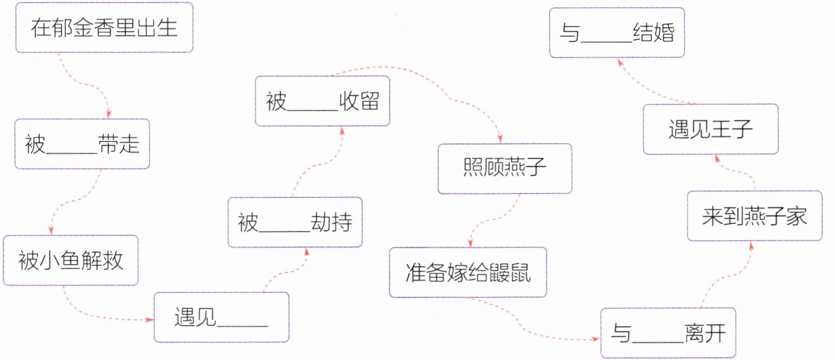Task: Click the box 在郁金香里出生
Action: coord(104,28)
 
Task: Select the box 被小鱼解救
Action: coord(70,260)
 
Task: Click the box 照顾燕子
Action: coord(505,168)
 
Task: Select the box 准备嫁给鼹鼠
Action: coord(468,272)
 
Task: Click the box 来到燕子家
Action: coord(754,216)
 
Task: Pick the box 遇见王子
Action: coord(710,129)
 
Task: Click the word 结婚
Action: coord(653,33)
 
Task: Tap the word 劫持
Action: coord(331,222)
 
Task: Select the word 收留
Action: coord(360,101)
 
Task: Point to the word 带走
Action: coord(119,144)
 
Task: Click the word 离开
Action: coord(705,333)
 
